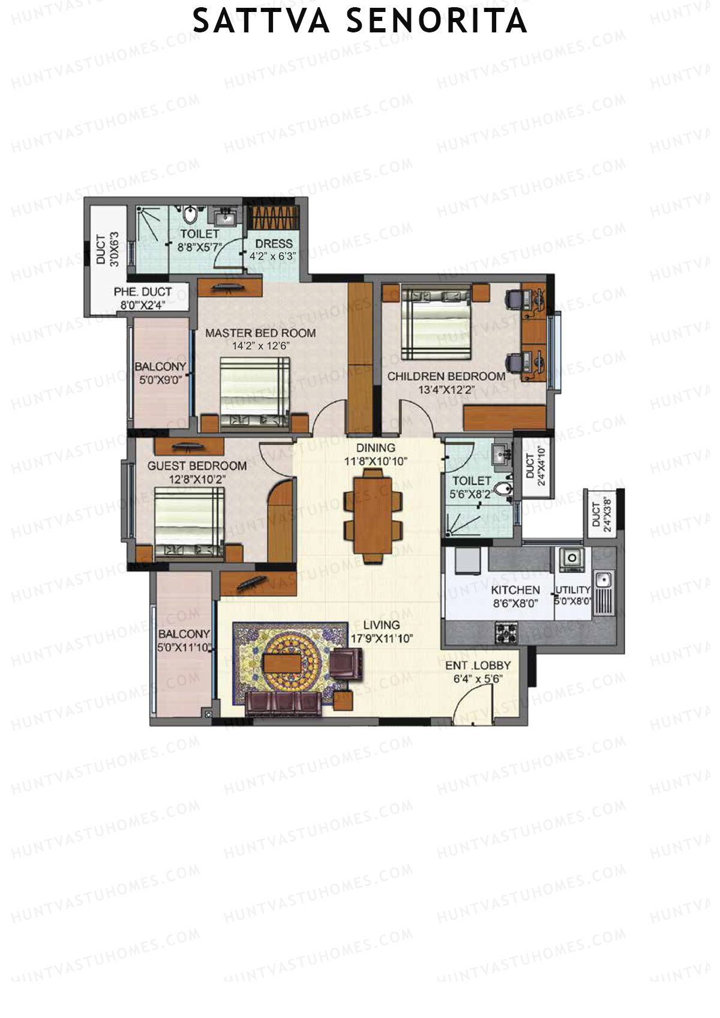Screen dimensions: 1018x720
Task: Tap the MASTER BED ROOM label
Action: [x=260, y=334]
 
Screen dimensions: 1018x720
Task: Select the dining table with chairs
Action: [x=373, y=515]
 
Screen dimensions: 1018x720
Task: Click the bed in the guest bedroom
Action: [x=190, y=522]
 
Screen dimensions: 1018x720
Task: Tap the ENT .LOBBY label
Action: [x=478, y=665]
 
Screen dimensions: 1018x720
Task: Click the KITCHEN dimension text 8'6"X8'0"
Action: [x=515, y=603]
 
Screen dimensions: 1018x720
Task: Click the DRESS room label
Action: [x=274, y=244]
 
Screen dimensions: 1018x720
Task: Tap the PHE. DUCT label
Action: [x=143, y=292]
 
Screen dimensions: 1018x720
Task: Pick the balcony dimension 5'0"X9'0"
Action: [x=160, y=379]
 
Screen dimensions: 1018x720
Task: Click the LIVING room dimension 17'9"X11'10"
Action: [x=380, y=639]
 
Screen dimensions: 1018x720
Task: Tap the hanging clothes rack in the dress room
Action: [x=273, y=217]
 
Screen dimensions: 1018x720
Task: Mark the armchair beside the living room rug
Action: [x=347, y=665]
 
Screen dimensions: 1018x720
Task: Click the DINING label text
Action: [x=376, y=448]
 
